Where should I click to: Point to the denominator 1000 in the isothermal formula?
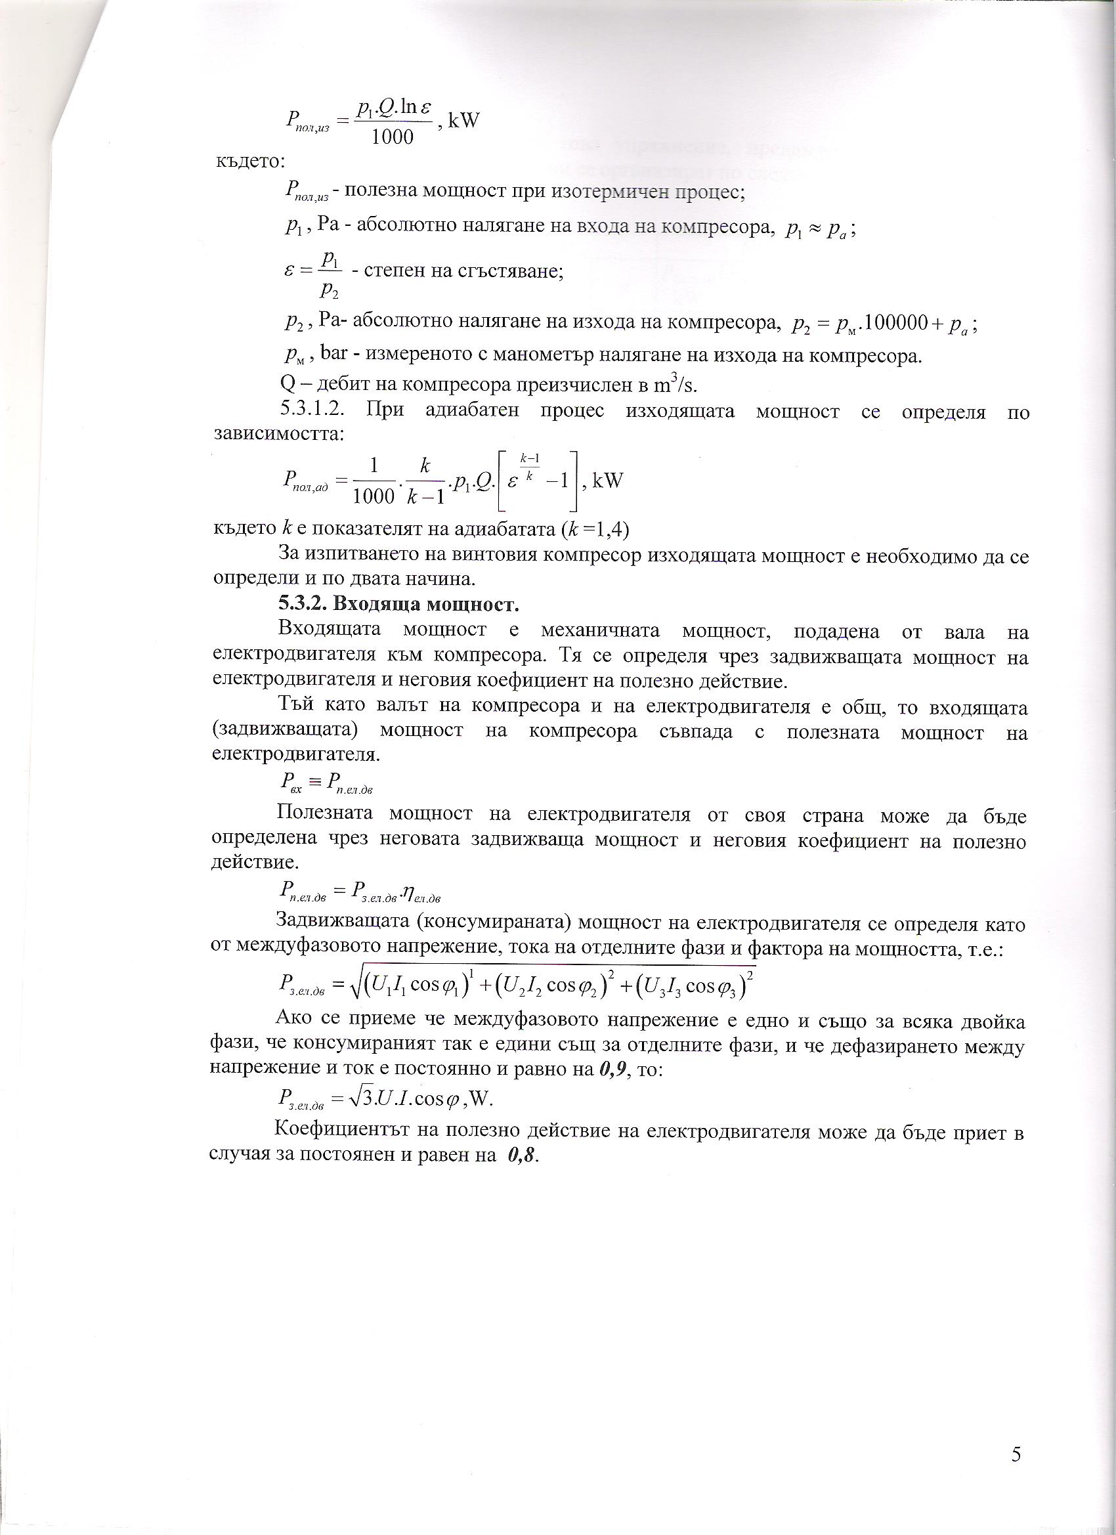pyautogui.click(x=393, y=137)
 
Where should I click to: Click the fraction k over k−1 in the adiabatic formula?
pyautogui.click(x=425, y=481)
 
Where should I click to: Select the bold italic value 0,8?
pyautogui.click(x=523, y=1156)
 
